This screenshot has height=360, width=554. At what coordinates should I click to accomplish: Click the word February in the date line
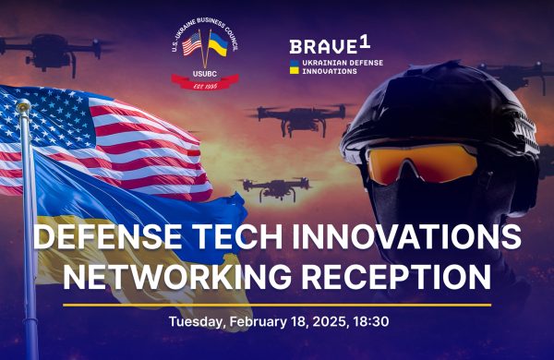point(255,322)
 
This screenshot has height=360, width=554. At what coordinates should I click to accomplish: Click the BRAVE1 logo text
point(323,46)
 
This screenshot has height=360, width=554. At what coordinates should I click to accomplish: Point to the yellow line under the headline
point(277,304)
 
